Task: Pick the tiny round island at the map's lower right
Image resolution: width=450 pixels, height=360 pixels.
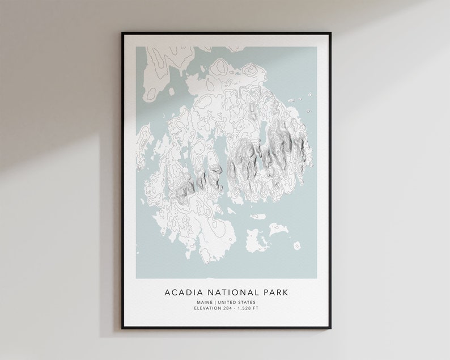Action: (296, 245)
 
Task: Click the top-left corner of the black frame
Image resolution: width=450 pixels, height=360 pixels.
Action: (122, 33)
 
